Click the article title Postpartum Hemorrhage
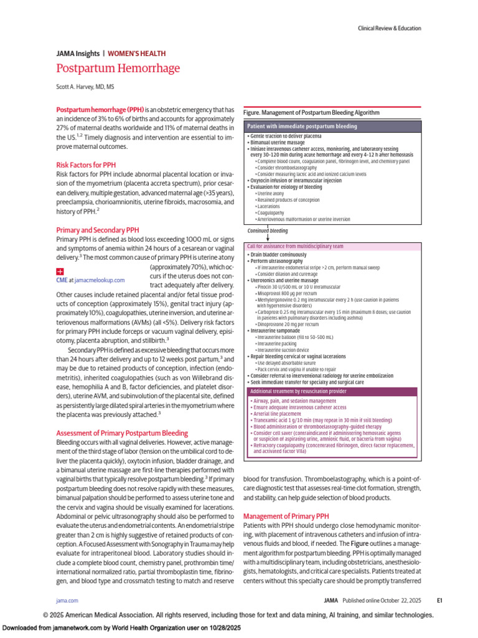[118, 69]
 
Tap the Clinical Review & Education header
[389, 28]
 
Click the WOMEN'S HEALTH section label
[136, 54]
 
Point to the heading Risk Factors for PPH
[86, 165]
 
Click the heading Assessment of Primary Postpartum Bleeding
[123, 433]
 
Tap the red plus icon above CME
[60, 272]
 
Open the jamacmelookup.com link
[100, 281]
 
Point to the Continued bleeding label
[268, 231]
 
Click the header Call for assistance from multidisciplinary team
[295, 246]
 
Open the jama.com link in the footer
[67, 601]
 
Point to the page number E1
[439, 601]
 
